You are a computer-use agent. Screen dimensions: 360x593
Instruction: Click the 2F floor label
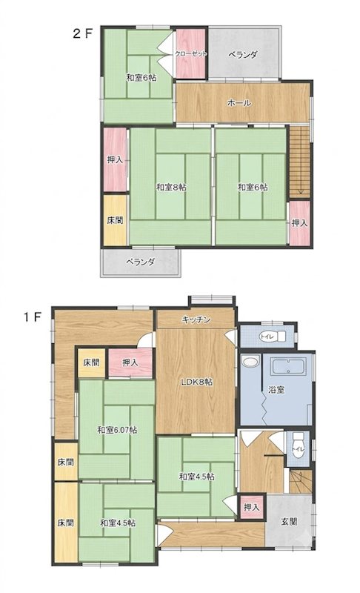[82, 34]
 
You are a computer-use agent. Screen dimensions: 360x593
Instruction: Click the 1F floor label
[32, 317]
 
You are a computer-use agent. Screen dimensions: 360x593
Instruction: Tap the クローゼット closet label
[191, 53]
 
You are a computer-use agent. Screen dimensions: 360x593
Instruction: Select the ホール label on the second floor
[239, 102]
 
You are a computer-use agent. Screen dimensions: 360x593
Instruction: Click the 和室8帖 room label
[172, 187]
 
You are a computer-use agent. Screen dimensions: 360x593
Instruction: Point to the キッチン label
[196, 320]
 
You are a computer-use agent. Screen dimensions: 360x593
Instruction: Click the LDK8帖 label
[196, 382]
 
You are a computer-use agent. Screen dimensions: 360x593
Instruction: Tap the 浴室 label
[276, 390]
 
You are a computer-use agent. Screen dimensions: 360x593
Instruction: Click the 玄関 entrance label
[290, 522]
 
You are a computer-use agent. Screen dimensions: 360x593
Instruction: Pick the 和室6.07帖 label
[117, 430]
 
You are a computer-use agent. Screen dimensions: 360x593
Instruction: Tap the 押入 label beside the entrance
[252, 507]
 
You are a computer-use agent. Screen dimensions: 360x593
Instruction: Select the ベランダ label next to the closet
[242, 54]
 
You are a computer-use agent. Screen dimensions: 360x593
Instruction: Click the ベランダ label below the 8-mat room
[140, 262]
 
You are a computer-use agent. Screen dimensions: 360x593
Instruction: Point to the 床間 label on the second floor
[115, 220]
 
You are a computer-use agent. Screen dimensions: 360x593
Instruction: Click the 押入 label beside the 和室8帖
[115, 159]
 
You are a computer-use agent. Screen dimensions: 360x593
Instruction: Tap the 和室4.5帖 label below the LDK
[196, 477]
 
